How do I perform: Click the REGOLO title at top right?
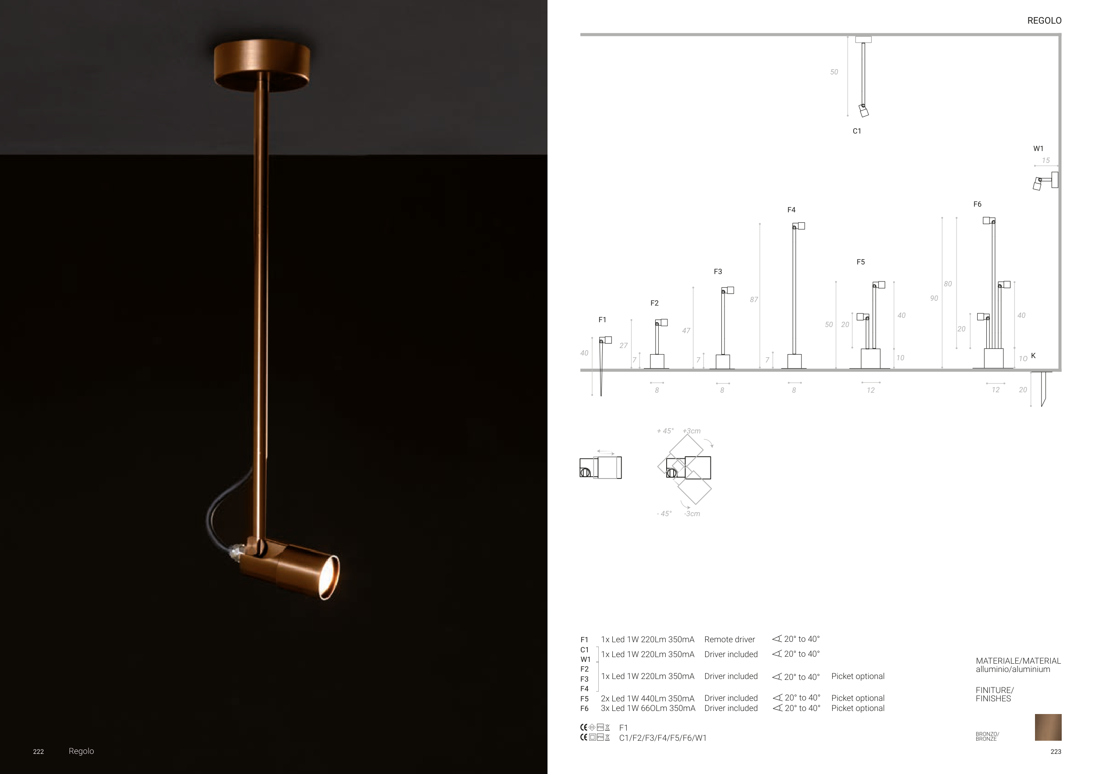[1044, 21]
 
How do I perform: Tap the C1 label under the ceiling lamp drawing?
[857, 131]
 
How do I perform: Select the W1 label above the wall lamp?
[1038, 149]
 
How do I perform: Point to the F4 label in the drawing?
[791, 210]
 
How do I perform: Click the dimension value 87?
[753, 299]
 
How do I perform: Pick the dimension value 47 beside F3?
[686, 330]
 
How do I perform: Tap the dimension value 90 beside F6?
[934, 299]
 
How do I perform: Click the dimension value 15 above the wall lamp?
[1046, 161]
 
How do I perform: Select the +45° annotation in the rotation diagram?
[665, 431]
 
